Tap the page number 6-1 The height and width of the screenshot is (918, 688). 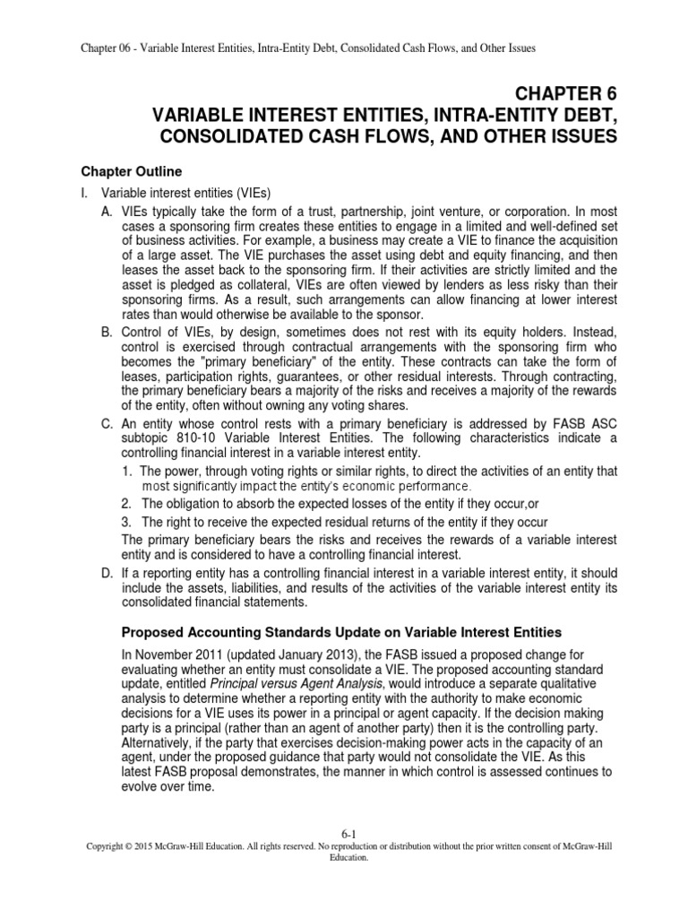343,833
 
